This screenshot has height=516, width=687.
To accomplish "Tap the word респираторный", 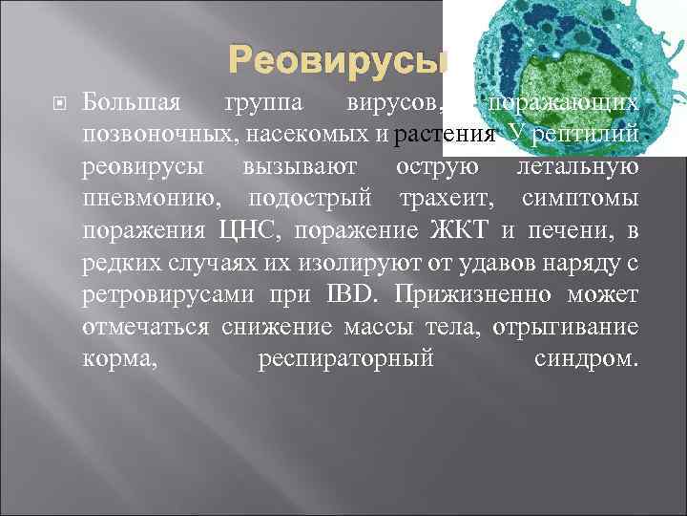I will (345, 362).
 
